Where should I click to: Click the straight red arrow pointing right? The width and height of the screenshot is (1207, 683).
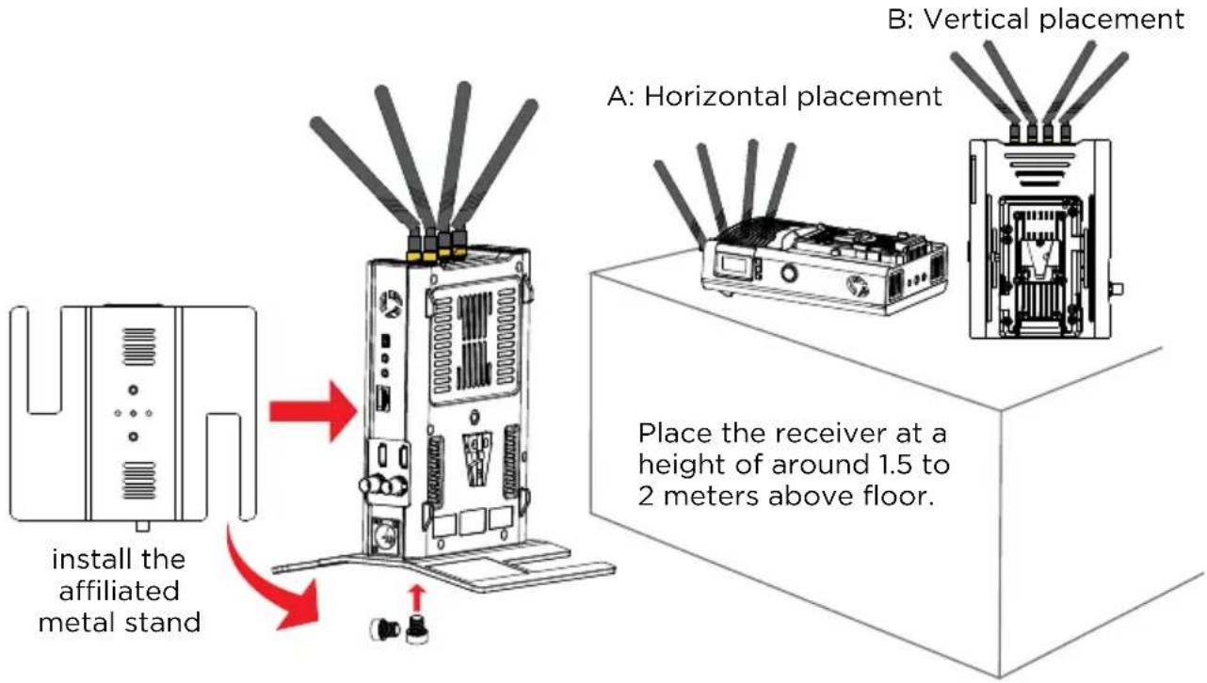coord(313,412)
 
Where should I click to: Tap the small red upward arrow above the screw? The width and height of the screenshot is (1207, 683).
coord(416,598)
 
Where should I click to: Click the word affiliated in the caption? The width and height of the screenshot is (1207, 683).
coord(119,591)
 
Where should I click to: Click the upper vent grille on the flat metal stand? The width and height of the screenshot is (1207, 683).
coord(139,346)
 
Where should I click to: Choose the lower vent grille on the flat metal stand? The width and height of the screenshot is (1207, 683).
coord(139,480)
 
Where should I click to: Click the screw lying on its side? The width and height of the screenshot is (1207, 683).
coord(385,628)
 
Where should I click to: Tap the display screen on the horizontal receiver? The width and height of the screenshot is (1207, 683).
coord(732,264)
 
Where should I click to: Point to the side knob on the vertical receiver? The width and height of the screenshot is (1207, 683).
coord(1117,289)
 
